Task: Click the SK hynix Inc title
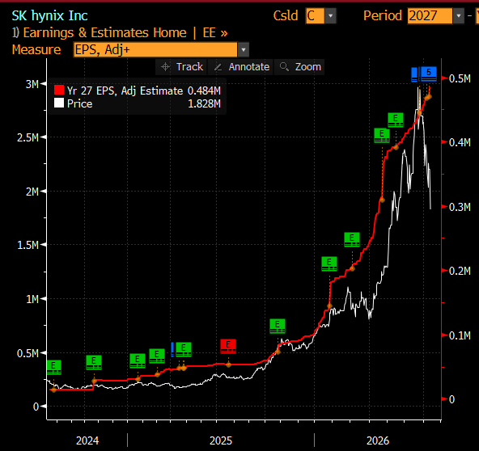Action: point(49,15)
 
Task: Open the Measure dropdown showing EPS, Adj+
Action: point(161,50)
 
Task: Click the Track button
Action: point(182,67)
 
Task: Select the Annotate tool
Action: point(241,67)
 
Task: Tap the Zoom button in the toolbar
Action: point(301,67)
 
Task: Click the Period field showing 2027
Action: point(430,15)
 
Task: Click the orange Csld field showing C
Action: point(315,15)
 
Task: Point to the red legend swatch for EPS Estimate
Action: point(59,90)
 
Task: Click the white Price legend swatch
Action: point(59,103)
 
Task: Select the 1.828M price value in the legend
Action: point(204,103)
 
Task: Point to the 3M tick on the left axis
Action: point(44,83)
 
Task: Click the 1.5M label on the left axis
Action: point(28,245)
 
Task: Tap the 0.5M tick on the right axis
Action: point(444,78)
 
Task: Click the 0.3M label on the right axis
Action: point(460,207)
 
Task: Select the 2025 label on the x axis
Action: point(221,440)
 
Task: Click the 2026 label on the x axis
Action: point(378,440)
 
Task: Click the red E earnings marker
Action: point(228,347)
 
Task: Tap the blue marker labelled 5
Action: point(429,74)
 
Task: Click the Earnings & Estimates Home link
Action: point(105,32)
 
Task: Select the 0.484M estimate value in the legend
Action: point(204,91)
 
